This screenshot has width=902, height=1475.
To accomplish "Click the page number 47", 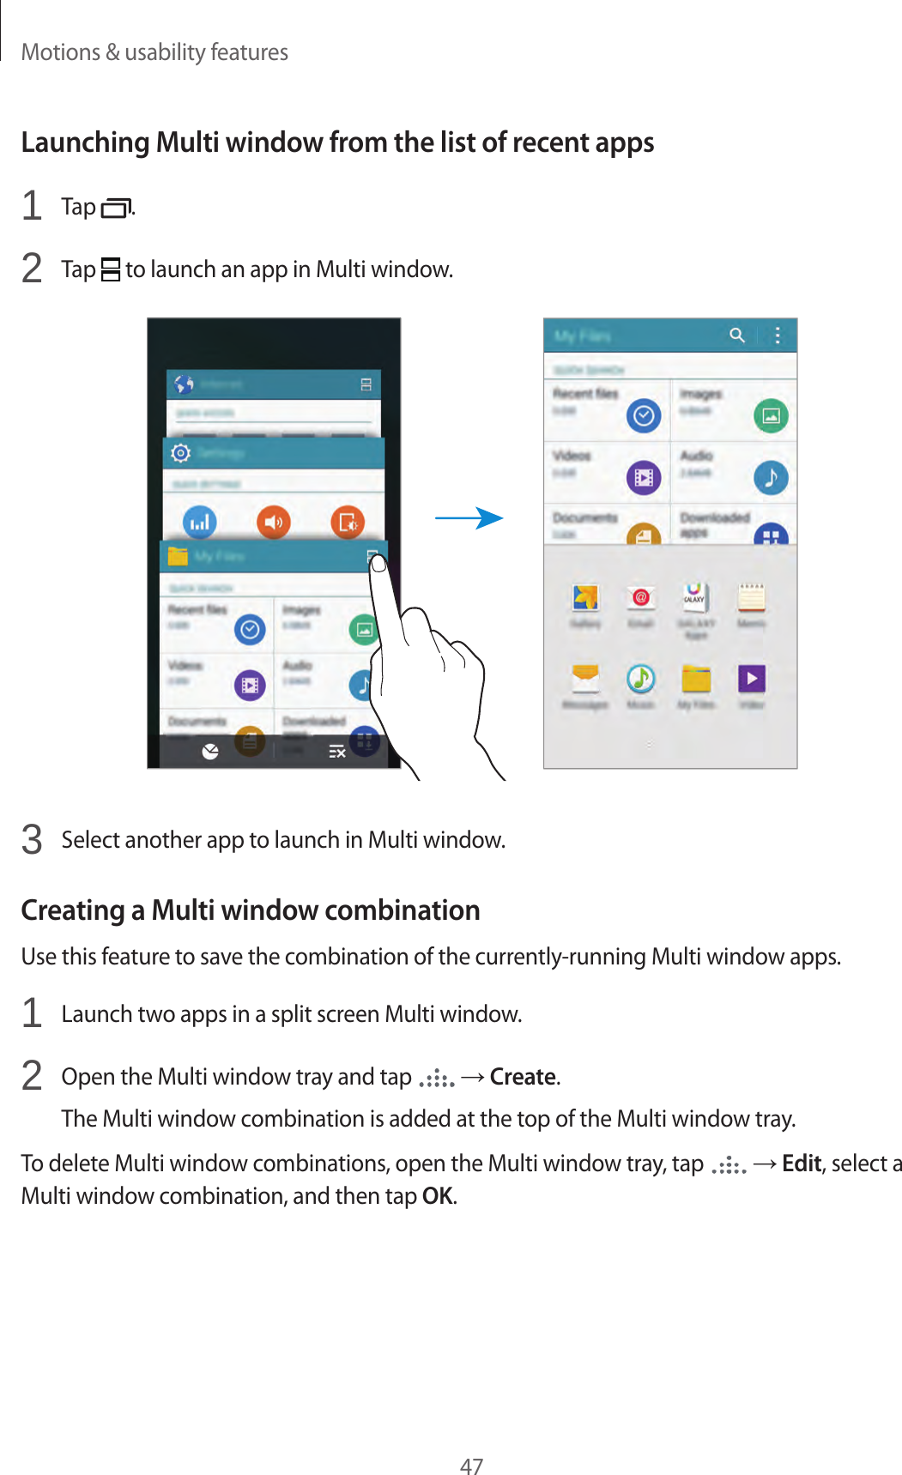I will point(471,1466).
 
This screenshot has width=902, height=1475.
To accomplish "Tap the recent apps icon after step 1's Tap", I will point(116,208).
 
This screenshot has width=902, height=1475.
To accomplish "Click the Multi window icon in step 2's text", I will point(110,270).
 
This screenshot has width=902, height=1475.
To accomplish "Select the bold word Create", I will point(523,1077).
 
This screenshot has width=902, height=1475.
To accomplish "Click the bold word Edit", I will point(802,1164).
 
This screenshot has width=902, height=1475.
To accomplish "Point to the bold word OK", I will point(437,1196).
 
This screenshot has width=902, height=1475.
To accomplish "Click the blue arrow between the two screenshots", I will point(469,518).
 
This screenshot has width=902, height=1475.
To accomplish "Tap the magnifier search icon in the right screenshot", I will point(737,336).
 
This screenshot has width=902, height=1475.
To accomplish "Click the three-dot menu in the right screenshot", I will point(778,336).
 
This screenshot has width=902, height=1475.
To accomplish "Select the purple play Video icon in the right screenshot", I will point(752,680).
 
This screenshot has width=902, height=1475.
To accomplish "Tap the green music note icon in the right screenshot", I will point(640,680).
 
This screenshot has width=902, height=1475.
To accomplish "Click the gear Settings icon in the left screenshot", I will point(180,453).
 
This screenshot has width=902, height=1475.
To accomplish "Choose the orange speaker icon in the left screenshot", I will point(274,522).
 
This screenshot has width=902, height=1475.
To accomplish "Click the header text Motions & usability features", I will point(154,52).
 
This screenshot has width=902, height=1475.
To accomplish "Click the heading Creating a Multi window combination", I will point(250,910).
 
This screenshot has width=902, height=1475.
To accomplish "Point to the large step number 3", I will point(32,839).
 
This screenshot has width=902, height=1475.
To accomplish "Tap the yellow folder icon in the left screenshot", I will point(178,556).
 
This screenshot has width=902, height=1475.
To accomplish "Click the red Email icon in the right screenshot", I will point(640,597).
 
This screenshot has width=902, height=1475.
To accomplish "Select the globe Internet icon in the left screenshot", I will point(184,384).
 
